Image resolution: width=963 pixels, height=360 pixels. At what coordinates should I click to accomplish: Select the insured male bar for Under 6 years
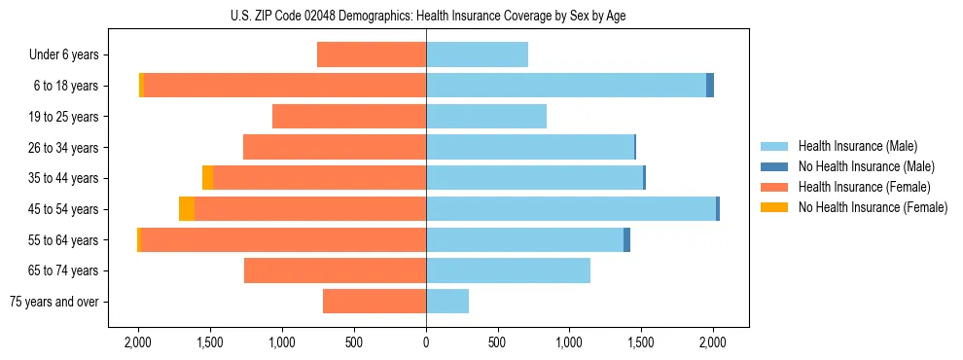click(x=477, y=54)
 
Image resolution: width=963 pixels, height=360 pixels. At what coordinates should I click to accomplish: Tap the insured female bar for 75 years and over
click(x=374, y=302)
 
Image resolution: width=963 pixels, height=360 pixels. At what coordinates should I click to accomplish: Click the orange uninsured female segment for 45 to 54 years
click(x=187, y=209)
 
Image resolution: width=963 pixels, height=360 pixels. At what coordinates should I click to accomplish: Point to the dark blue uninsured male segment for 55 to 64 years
click(x=626, y=240)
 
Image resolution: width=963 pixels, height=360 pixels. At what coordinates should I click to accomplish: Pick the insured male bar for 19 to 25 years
click(x=486, y=117)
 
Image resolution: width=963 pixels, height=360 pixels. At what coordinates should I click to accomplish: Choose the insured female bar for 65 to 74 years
click(x=335, y=270)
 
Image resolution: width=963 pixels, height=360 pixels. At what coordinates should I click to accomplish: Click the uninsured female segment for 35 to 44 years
click(x=207, y=178)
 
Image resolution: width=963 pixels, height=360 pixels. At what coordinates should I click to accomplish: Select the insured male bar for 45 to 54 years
click(x=571, y=209)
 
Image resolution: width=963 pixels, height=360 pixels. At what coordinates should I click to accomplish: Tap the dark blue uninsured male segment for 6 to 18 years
click(x=710, y=86)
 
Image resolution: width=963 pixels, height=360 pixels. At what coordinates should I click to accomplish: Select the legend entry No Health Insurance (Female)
click(x=873, y=207)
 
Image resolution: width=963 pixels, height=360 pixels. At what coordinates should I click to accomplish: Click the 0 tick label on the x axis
click(x=426, y=342)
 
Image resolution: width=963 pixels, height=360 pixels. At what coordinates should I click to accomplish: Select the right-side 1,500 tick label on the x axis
click(x=641, y=342)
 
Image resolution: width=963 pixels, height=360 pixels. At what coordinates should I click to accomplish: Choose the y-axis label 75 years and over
click(x=54, y=302)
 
